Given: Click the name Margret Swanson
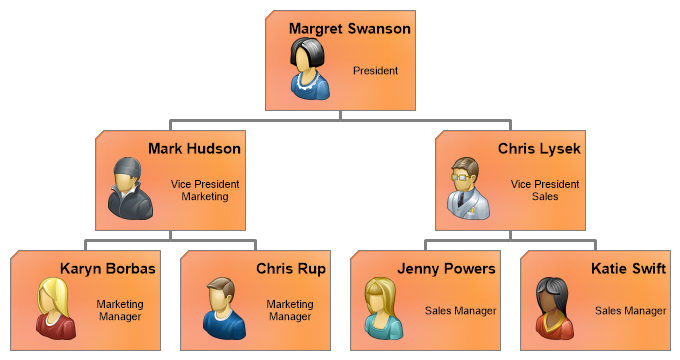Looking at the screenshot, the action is [350, 29].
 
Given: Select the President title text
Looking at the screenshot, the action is [375, 70].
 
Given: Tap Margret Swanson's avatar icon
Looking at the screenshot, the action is [310, 69].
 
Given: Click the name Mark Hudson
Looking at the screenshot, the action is [194, 149].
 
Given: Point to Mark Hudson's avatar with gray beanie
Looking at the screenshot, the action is [130, 188].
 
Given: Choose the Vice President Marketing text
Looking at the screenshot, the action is [205, 190].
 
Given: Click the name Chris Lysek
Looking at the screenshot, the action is [539, 150].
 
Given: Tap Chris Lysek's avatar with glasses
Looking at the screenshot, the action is [469, 188].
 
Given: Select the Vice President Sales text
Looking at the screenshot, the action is [545, 190].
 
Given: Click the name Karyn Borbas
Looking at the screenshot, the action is [108, 269].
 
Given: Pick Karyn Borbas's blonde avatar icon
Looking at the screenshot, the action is [56, 308].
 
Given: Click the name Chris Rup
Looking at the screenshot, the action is [291, 269].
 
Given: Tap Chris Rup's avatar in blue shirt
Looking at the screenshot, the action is [224, 308].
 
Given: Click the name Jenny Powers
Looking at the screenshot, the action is [446, 269].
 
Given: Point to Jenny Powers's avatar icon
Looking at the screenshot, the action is [383, 308].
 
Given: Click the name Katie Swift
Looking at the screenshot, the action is [628, 269].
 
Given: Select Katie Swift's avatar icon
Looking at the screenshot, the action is [555, 308].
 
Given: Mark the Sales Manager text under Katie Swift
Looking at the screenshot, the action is [631, 311].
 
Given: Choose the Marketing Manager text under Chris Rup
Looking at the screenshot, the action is [290, 310].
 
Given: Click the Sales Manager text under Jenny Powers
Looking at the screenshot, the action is [461, 311].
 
